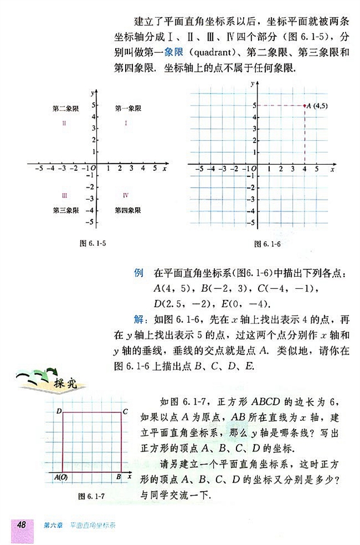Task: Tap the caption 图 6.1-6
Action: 265,243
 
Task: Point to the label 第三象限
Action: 65,210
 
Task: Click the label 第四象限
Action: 127,210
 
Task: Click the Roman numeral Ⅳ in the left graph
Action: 126,195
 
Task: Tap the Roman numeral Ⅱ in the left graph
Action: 65,123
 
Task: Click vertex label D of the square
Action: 58,411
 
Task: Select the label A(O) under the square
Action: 61,477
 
